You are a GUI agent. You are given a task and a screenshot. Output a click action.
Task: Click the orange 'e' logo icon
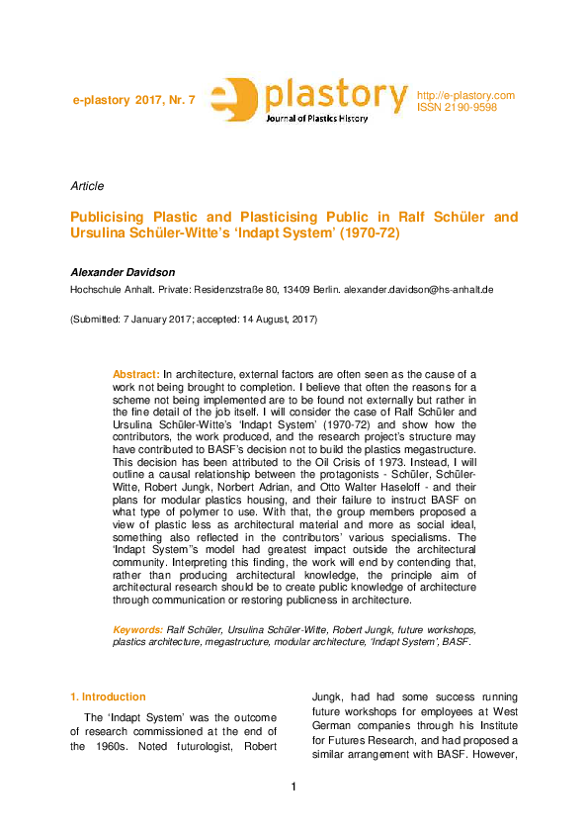pyautogui.click(x=236, y=101)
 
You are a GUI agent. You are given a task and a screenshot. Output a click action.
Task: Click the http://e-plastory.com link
pyautogui.click(x=465, y=95)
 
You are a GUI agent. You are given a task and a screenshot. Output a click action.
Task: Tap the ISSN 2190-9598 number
pyautogui.click(x=457, y=107)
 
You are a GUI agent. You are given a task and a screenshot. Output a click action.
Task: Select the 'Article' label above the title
pyautogui.click(x=87, y=186)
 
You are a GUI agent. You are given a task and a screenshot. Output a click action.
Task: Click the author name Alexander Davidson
pyautogui.click(x=123, y=271)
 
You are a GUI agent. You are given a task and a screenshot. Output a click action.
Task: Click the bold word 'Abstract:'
pyautogui.click(x=136, y=374)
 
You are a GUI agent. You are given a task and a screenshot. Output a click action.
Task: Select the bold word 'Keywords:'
pyautogui.click(x=138, y=629)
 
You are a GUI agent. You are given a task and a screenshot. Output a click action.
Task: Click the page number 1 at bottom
pyautogui.click(x=294, y=787)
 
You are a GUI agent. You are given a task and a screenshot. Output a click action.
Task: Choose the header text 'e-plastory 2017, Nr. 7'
pyautogui.click(x=134, y=102)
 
